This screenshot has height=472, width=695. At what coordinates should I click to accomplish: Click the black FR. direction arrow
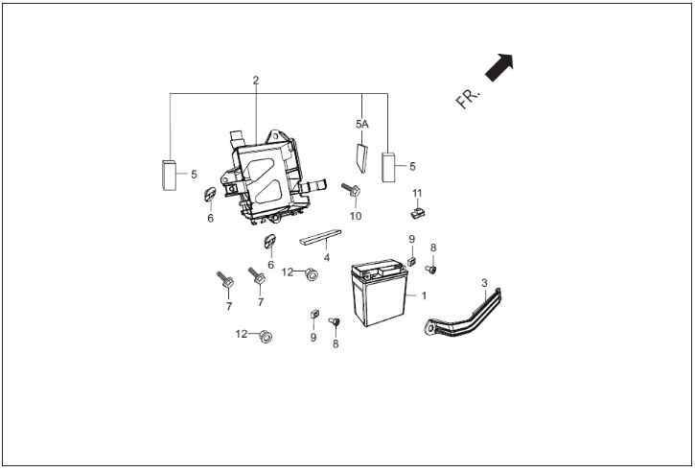pyautogui.click(x=499, y=67)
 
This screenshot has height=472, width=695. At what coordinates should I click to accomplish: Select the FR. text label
pyautogui.click(x=468, y=99)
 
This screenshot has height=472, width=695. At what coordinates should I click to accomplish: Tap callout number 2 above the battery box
pyautogui.click(x=256, y=81)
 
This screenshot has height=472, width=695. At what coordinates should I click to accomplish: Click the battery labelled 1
pyautogui.click(x=379, y=293)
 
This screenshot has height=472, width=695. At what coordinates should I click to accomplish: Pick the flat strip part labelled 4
pyautogui.click(x=320, y=237)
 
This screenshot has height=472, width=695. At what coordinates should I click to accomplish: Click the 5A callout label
pyautogui.click(x=362, y=124)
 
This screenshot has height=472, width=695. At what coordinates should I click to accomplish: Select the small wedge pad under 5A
pyautogui.click(x=362, y=158)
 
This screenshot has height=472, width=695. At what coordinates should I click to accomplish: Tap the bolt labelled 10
pyautogui.click(x=351, y=190)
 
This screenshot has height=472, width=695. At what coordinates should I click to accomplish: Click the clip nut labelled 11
pyautogui.click(x=418, y=213)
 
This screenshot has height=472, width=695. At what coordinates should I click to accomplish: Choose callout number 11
pyautogui.click(x=417, y=194)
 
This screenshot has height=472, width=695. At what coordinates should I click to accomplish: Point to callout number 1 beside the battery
pyautogui.click(x=424, y=295)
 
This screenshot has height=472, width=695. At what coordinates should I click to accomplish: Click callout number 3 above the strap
pyautogui.click(x=484, y=283)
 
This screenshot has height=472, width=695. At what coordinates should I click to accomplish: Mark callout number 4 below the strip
pyautogui.click(x=327, y=257)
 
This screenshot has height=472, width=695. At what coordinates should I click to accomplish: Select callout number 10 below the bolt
pyautogui.click(x=356, y=216)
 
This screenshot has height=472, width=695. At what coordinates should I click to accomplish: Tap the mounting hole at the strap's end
pyautogui.click(x=429, y=330)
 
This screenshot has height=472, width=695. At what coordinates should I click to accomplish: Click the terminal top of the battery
pyautogui.click(x=379, y=269)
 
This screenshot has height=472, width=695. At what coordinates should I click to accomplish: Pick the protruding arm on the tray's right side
pyautogui.click(x=313, y=186)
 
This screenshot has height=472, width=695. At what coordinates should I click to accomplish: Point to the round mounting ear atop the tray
pyautogui.click(x=275, y=134)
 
